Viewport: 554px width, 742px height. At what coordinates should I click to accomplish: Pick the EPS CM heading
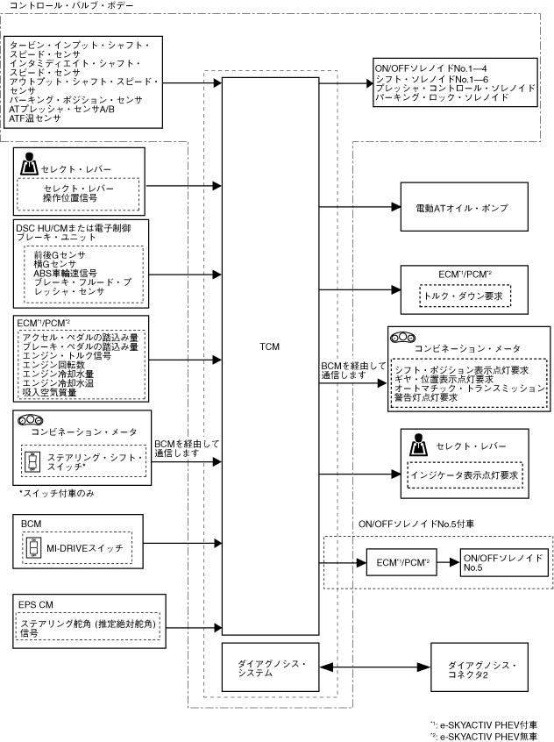(x=36, y=605)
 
